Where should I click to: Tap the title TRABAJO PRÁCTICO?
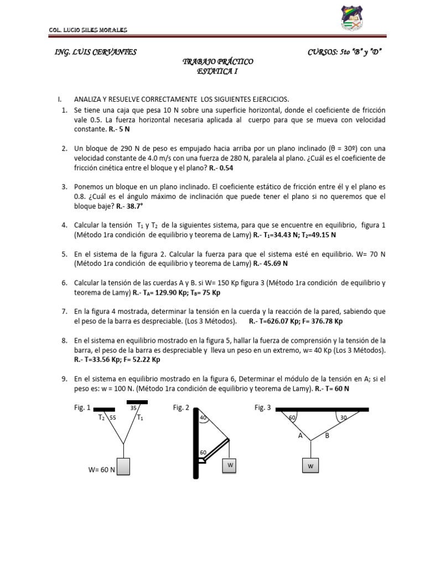[x=217, y=61]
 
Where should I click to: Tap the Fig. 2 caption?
[x=181, y=408]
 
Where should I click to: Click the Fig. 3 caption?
[x=262, y=408]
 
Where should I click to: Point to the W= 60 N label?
[x=101, y=470]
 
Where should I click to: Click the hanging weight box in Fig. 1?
[x=123, y=466]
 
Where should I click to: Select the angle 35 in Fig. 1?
[x=133, y=408]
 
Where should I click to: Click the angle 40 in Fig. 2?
[x=203, y=418]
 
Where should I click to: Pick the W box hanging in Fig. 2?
[x=229, y=466]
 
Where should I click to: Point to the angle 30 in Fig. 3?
[x=344, y=418]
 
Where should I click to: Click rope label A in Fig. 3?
[x=300, y=436]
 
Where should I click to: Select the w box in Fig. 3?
[x=310, y=466]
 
